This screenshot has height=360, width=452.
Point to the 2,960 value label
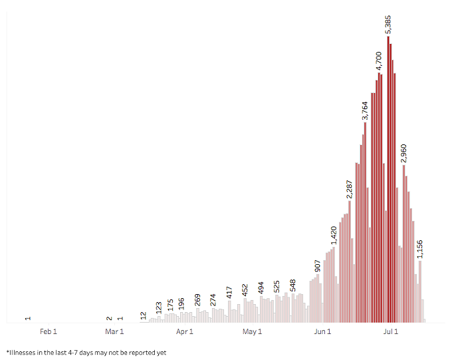coord(404,153)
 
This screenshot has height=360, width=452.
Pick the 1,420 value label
coord(334,236)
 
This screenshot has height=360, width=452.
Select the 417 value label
coord(229,291)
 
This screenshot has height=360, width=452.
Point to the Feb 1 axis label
coord(49,331)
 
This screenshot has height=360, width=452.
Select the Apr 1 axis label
coord(185,331)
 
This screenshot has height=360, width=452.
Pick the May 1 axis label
coord(253,331)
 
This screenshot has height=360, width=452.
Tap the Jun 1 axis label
coord(322,331)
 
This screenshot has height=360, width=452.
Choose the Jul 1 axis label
coord(391,331)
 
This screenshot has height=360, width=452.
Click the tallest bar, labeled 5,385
coord(388,180)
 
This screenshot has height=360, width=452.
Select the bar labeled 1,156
coord(420,291)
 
